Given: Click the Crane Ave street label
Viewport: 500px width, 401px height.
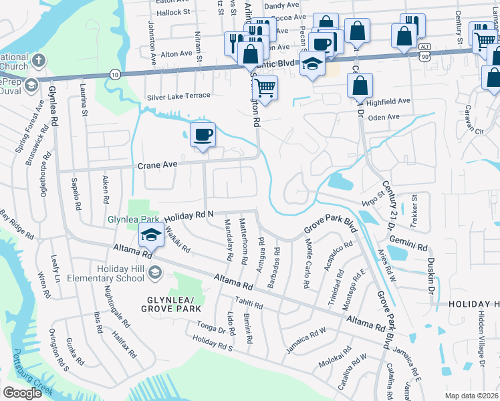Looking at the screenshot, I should coord(157,164).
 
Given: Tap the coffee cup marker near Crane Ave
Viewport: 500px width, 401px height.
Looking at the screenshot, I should coord(203,135).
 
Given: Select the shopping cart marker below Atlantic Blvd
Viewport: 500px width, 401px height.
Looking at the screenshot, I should coord(265,88).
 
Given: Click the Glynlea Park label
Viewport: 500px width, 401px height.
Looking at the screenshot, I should coord(133,219).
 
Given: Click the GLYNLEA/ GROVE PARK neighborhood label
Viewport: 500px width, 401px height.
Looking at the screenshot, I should coord(170,303).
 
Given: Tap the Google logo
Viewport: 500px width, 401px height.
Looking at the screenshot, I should coord(22,393).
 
